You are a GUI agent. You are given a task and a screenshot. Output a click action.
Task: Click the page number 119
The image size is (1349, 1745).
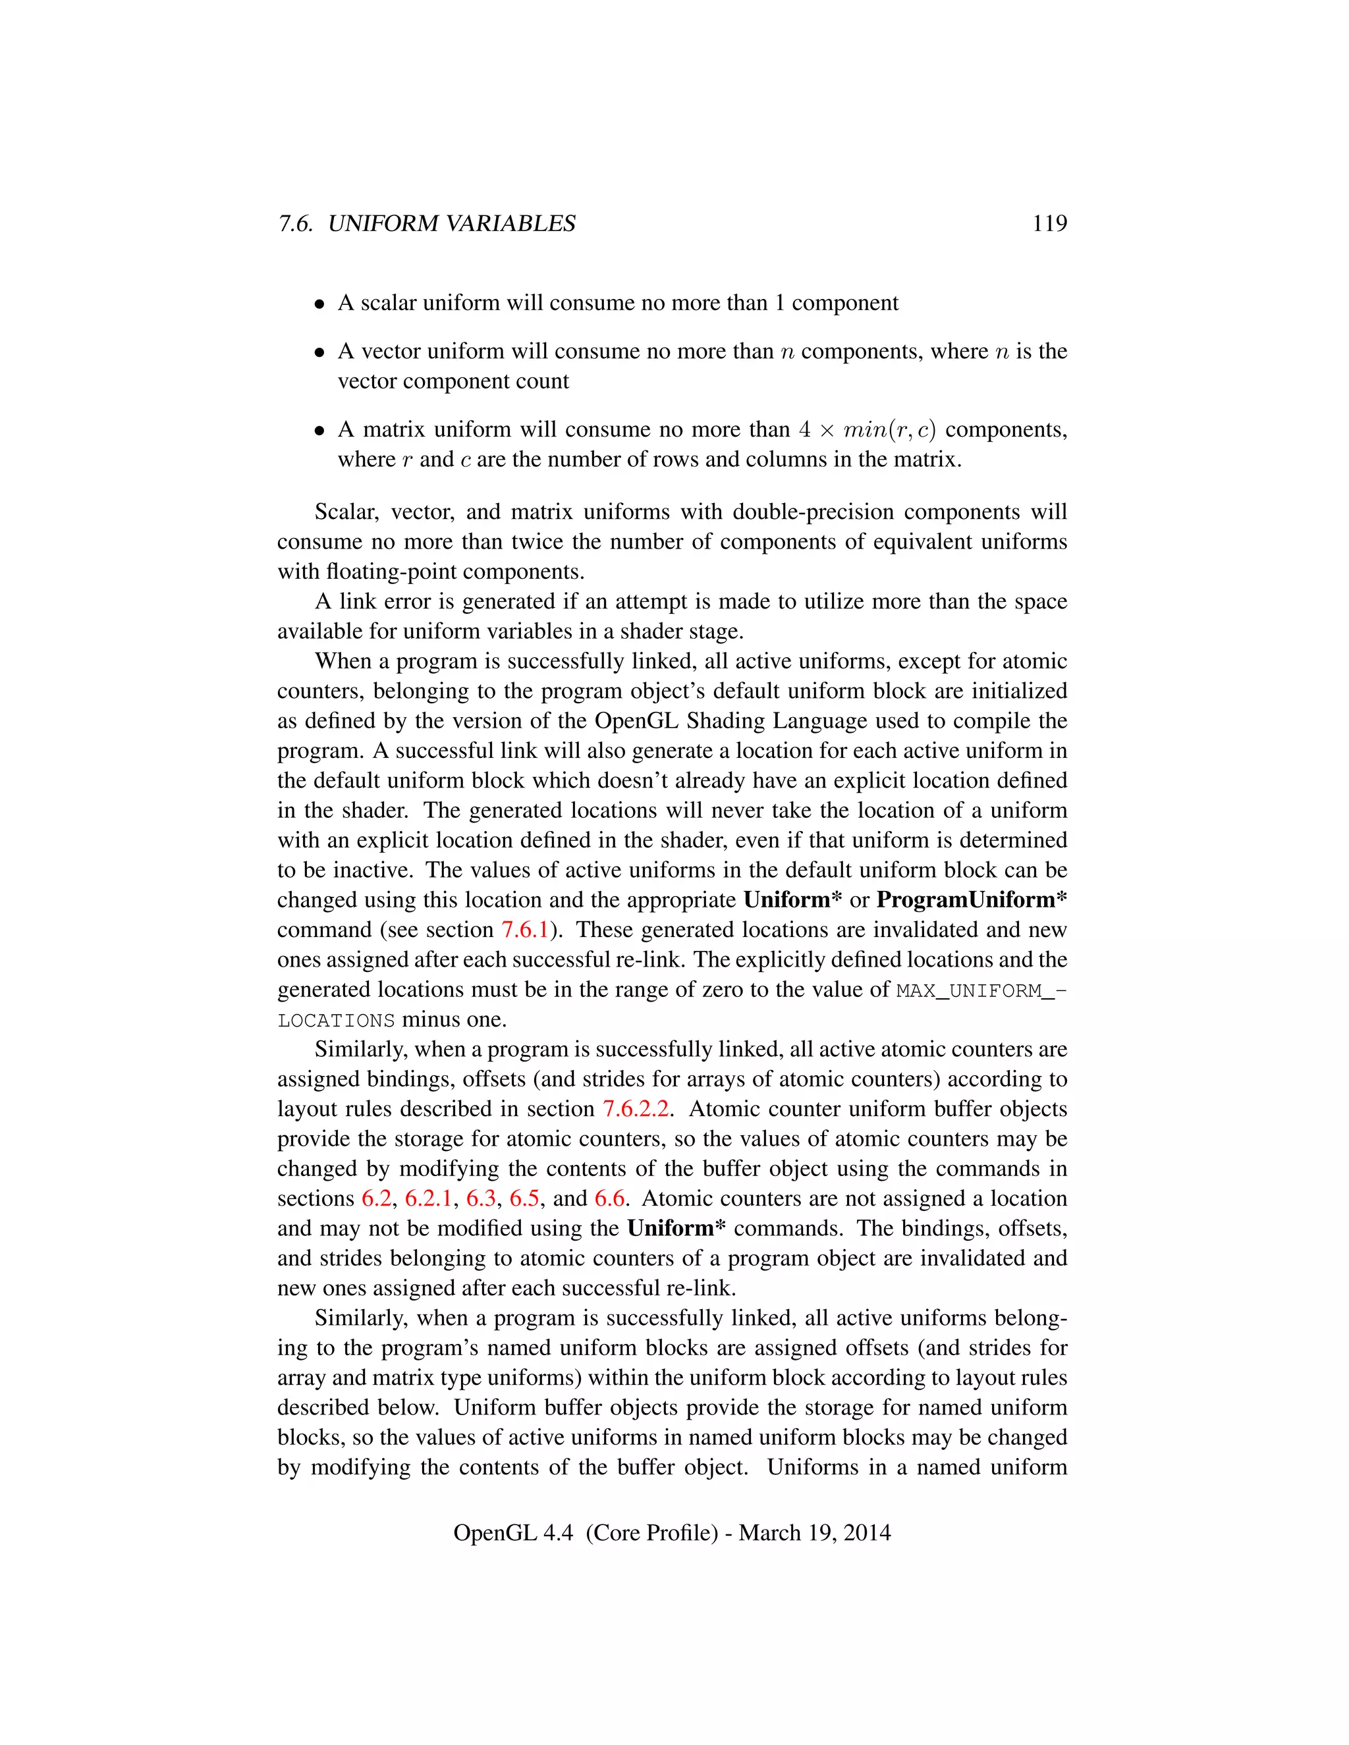(1049, 224)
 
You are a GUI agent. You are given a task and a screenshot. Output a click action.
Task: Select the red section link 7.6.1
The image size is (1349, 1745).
(525, 930)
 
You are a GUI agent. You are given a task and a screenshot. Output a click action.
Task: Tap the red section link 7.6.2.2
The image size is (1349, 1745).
(636, 1109)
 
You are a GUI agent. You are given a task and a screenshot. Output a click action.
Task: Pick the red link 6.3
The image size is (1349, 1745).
(481, 1198)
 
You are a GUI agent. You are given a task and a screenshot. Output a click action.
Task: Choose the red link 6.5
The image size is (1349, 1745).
(525, 1198)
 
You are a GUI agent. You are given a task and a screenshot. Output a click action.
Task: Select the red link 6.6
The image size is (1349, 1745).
(610, 1198)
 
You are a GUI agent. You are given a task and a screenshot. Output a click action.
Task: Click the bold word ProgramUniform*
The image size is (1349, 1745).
(971, 900)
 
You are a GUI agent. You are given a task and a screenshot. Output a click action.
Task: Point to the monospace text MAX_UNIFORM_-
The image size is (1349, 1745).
(981, 991)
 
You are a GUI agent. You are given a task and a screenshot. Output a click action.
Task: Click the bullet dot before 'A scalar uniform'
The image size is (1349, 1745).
(319, 304)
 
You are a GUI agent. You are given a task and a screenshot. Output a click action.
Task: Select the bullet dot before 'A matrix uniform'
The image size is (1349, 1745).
(319, 431)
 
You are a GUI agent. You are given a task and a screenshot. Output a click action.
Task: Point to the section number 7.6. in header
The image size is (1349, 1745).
(295, 224)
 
